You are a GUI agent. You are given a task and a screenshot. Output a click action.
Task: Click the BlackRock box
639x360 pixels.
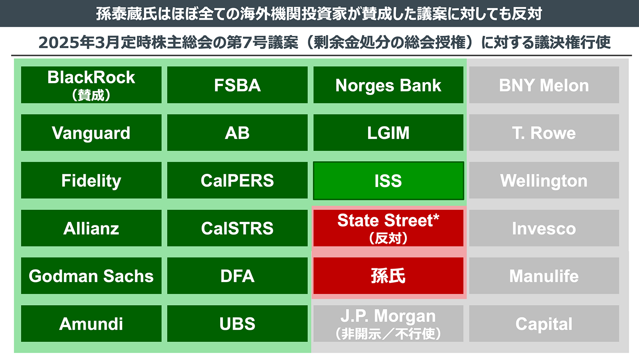91,85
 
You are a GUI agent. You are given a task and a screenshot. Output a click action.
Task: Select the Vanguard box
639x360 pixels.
91,132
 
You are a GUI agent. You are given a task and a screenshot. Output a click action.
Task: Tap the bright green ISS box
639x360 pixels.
388,181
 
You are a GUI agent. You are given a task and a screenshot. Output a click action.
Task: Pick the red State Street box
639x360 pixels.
388,228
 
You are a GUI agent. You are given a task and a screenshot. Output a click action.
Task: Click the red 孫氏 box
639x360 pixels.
388,276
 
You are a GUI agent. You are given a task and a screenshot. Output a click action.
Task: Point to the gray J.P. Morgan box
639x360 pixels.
388,324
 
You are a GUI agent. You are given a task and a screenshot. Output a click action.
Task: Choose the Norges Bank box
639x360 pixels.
388,85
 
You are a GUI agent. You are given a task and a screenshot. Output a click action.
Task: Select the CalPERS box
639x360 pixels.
237,180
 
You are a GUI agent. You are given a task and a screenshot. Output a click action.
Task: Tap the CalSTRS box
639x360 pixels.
237,228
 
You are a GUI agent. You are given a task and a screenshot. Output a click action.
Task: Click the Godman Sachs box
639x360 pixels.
91,276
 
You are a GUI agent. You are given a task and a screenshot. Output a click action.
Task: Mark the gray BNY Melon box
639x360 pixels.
544,85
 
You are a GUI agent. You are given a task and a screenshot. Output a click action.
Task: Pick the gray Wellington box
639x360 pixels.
544,180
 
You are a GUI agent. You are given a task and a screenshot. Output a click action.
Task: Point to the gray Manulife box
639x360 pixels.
544,276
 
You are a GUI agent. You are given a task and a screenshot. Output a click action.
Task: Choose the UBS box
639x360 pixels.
237,324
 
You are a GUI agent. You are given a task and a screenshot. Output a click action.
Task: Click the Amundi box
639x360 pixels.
91,324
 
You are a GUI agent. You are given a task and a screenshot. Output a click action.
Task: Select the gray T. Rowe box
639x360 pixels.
544,132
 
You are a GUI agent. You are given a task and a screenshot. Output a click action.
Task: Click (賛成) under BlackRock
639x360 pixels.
91,95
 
